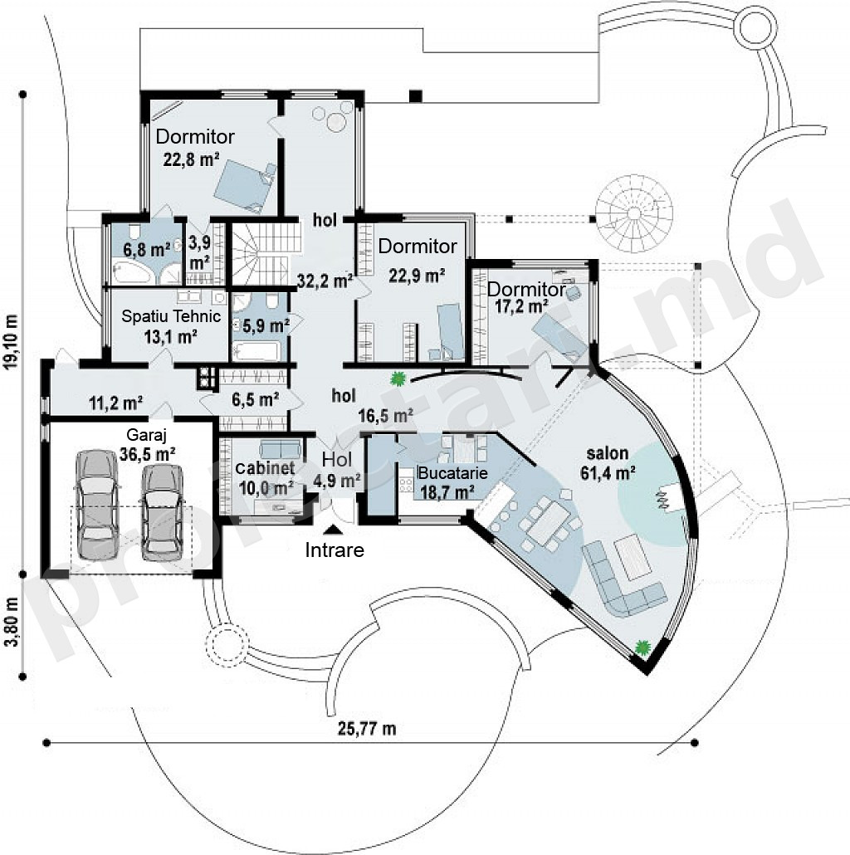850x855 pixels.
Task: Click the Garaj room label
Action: point(146,435)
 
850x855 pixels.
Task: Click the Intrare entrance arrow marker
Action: point(333,529)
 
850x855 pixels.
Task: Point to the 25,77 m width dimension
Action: point(367,729)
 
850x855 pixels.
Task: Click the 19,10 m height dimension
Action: point(12,341)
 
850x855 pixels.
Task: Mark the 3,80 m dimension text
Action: point(12,622)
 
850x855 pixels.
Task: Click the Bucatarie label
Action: point(452,473)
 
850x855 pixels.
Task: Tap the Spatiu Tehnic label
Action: point(171,316)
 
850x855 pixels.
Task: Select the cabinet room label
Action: point(265,468)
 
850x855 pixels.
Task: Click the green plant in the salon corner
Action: point(643,647)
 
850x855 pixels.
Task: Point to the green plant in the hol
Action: point(398,377)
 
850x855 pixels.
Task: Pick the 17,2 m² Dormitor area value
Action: point(521,306)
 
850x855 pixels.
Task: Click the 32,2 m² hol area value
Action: point(325,281)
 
